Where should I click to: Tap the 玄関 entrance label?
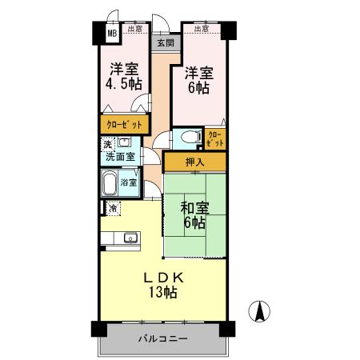(164, 43)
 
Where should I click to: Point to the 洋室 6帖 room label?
(198, 80)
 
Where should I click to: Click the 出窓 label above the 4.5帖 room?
(135, 30)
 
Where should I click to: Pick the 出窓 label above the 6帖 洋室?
(201, 30)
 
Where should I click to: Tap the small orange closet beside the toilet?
(215, 139)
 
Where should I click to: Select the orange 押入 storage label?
(194, 162)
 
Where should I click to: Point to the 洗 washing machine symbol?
(106, 144)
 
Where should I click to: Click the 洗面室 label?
(120, 156)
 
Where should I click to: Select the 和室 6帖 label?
(194, 215)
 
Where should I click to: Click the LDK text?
(165, 278)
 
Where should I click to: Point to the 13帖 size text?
(162, 293)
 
